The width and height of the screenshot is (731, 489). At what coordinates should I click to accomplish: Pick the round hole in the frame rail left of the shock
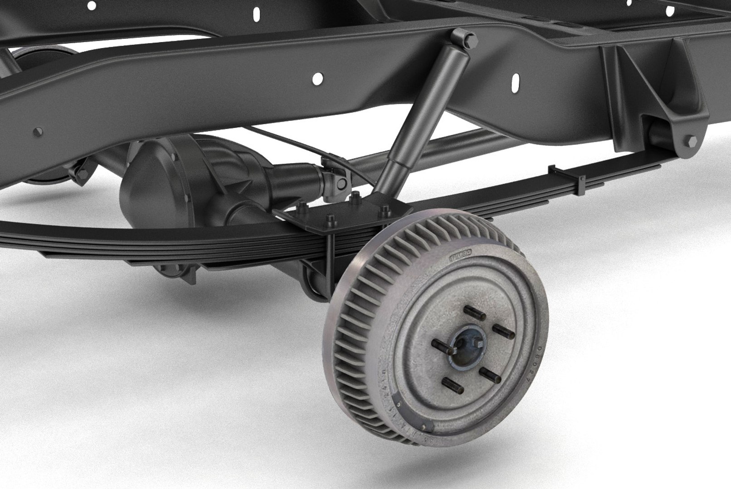coord(317,78)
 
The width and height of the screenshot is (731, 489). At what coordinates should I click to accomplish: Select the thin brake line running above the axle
coord(290,145)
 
